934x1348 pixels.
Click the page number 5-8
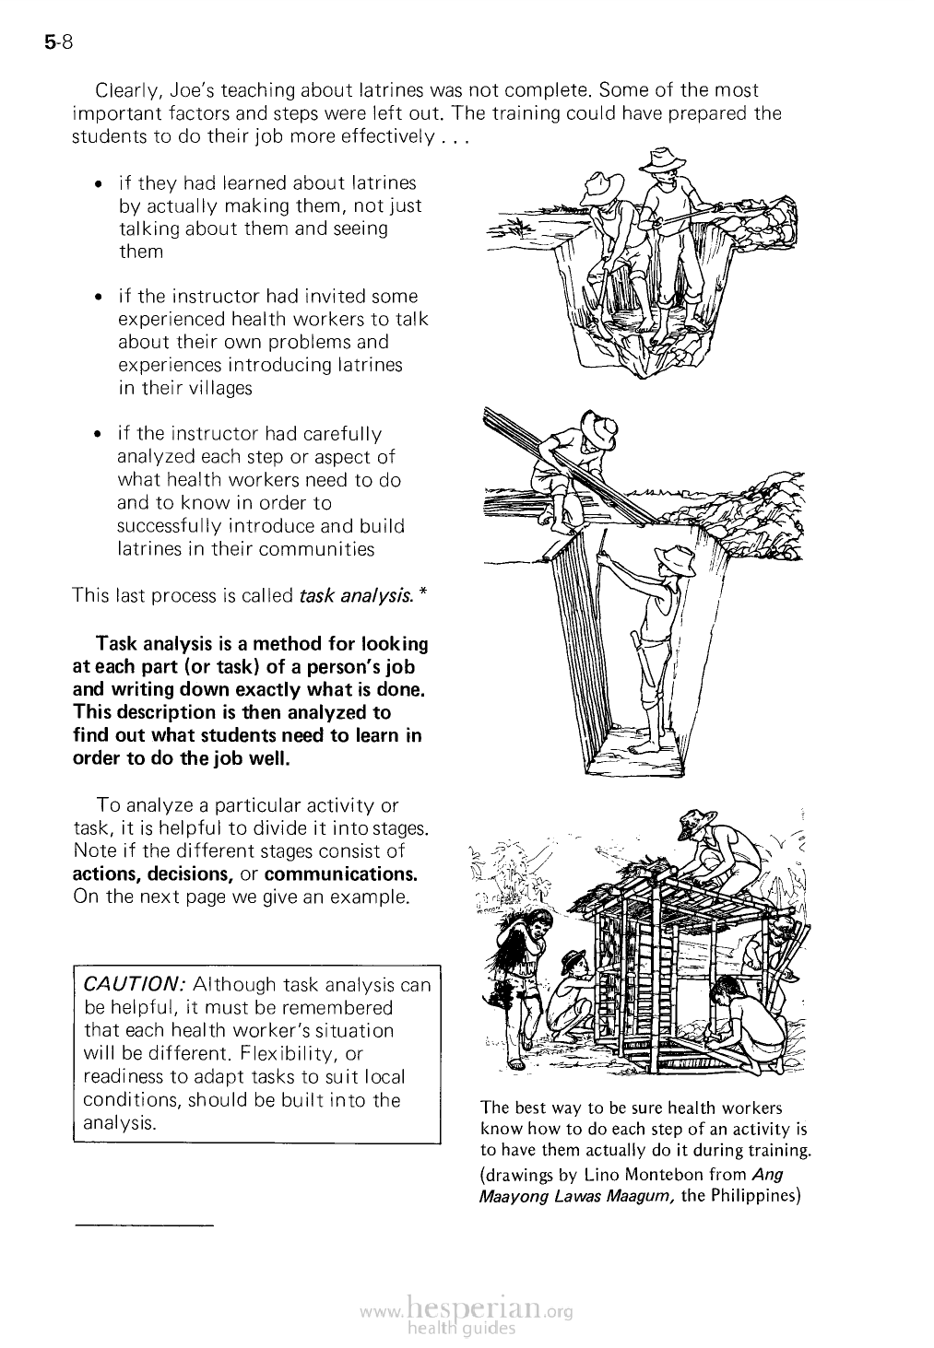click(x=57, y=42)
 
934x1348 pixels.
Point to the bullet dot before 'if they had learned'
click(x=99, y=183)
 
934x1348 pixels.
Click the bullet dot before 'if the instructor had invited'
click(x=99, y=297)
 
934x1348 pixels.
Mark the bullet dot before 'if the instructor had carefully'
click(x=99, y=434)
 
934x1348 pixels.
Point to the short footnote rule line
click(x=144, y=1225)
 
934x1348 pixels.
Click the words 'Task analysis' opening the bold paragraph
click(x=155, y=642)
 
